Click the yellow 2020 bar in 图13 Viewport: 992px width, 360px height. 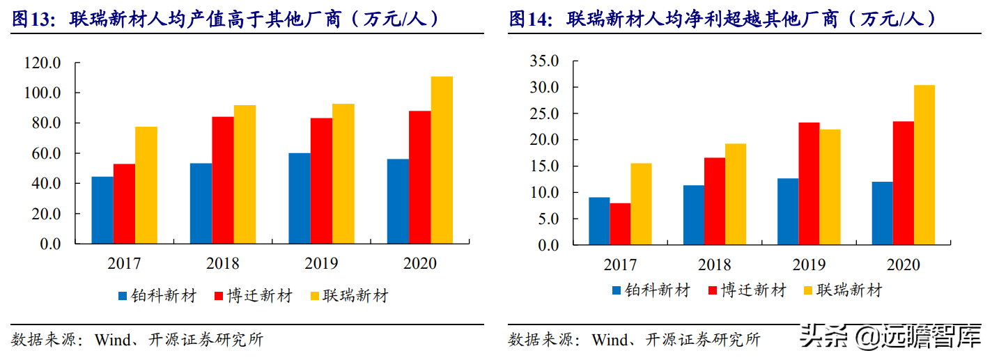point(442,160)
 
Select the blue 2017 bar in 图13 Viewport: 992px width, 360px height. point(102,210)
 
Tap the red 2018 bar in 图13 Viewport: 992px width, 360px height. point(223,180)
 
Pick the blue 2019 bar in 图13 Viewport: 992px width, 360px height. point(300,198)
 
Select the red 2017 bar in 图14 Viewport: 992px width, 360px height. point(620,224)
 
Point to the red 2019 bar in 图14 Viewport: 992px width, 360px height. point(809,184)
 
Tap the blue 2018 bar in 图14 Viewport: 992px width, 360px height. point(694,215)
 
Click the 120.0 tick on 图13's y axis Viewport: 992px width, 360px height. point(44,63)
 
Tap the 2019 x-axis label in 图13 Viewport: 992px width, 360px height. point(321,264)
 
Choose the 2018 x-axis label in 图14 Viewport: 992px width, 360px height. point(714,265)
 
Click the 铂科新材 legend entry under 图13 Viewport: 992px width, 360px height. point(158,296)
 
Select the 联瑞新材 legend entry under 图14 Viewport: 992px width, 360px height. point(842,290)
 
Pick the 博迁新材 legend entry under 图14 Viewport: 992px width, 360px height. point(746,290)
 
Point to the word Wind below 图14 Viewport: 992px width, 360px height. point(610,340)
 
